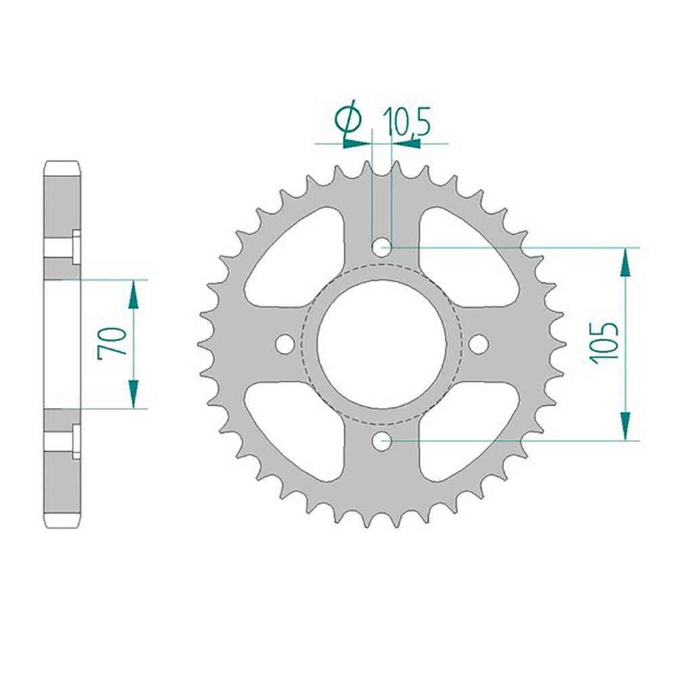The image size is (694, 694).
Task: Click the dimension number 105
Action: pos(606,344)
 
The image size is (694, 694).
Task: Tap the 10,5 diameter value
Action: pos(407,121)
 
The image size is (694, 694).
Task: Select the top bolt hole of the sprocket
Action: pos(382,248)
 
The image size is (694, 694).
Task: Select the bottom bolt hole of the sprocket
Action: pos(382,441)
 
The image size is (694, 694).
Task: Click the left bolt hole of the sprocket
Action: pos(285,344)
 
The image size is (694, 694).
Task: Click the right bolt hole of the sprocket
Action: pos(478,344)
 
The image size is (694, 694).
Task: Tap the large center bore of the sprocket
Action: pos(382,344)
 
